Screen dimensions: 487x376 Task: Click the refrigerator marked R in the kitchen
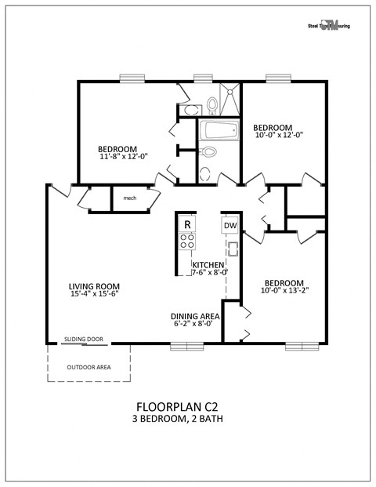(x=187, y=224)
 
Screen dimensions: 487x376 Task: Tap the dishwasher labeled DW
(x=230, y=226)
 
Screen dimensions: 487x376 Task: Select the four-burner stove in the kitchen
(x=187, y=242)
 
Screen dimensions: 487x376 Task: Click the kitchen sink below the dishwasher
(x=232, y=250)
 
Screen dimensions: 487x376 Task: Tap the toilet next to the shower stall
(x=211, y=104)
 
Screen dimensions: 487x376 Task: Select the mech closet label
(x=130, y=198)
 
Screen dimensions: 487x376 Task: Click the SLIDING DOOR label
(x=84, y=340)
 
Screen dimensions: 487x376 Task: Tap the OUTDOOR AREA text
(x=89, y=366)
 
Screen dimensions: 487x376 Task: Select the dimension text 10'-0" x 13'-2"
(x=284, y=292)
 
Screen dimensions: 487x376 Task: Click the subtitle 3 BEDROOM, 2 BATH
(x=177, y=420)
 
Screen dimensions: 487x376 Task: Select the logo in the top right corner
(x=328, y=25)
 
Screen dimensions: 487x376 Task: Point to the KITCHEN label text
(x=208, y=265)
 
